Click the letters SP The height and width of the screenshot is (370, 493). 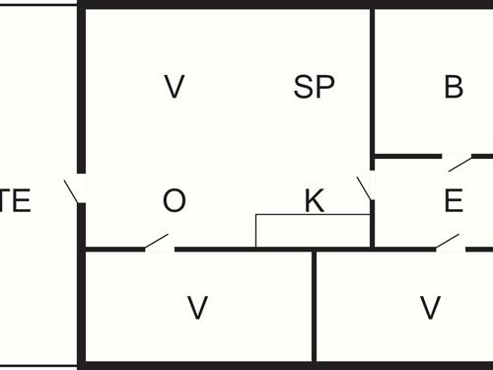[315, 88]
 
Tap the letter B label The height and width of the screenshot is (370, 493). [454, 88]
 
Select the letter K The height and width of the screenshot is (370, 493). [314, 202]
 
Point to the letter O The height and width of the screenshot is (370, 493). [174, 202]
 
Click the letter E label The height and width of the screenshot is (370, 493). [454, 202]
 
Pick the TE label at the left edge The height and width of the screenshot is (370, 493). [16, 202]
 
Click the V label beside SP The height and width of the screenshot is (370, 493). [174, 88]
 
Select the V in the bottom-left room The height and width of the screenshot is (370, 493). [197, 309]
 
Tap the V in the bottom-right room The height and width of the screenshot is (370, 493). [430, 309]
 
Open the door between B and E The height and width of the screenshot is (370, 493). [457, 163]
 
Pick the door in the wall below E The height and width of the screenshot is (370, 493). [449, 241]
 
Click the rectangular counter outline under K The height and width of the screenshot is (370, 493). [313, 231]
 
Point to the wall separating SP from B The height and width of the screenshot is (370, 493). [373, 79]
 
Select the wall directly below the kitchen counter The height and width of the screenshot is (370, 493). [313, 249]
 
